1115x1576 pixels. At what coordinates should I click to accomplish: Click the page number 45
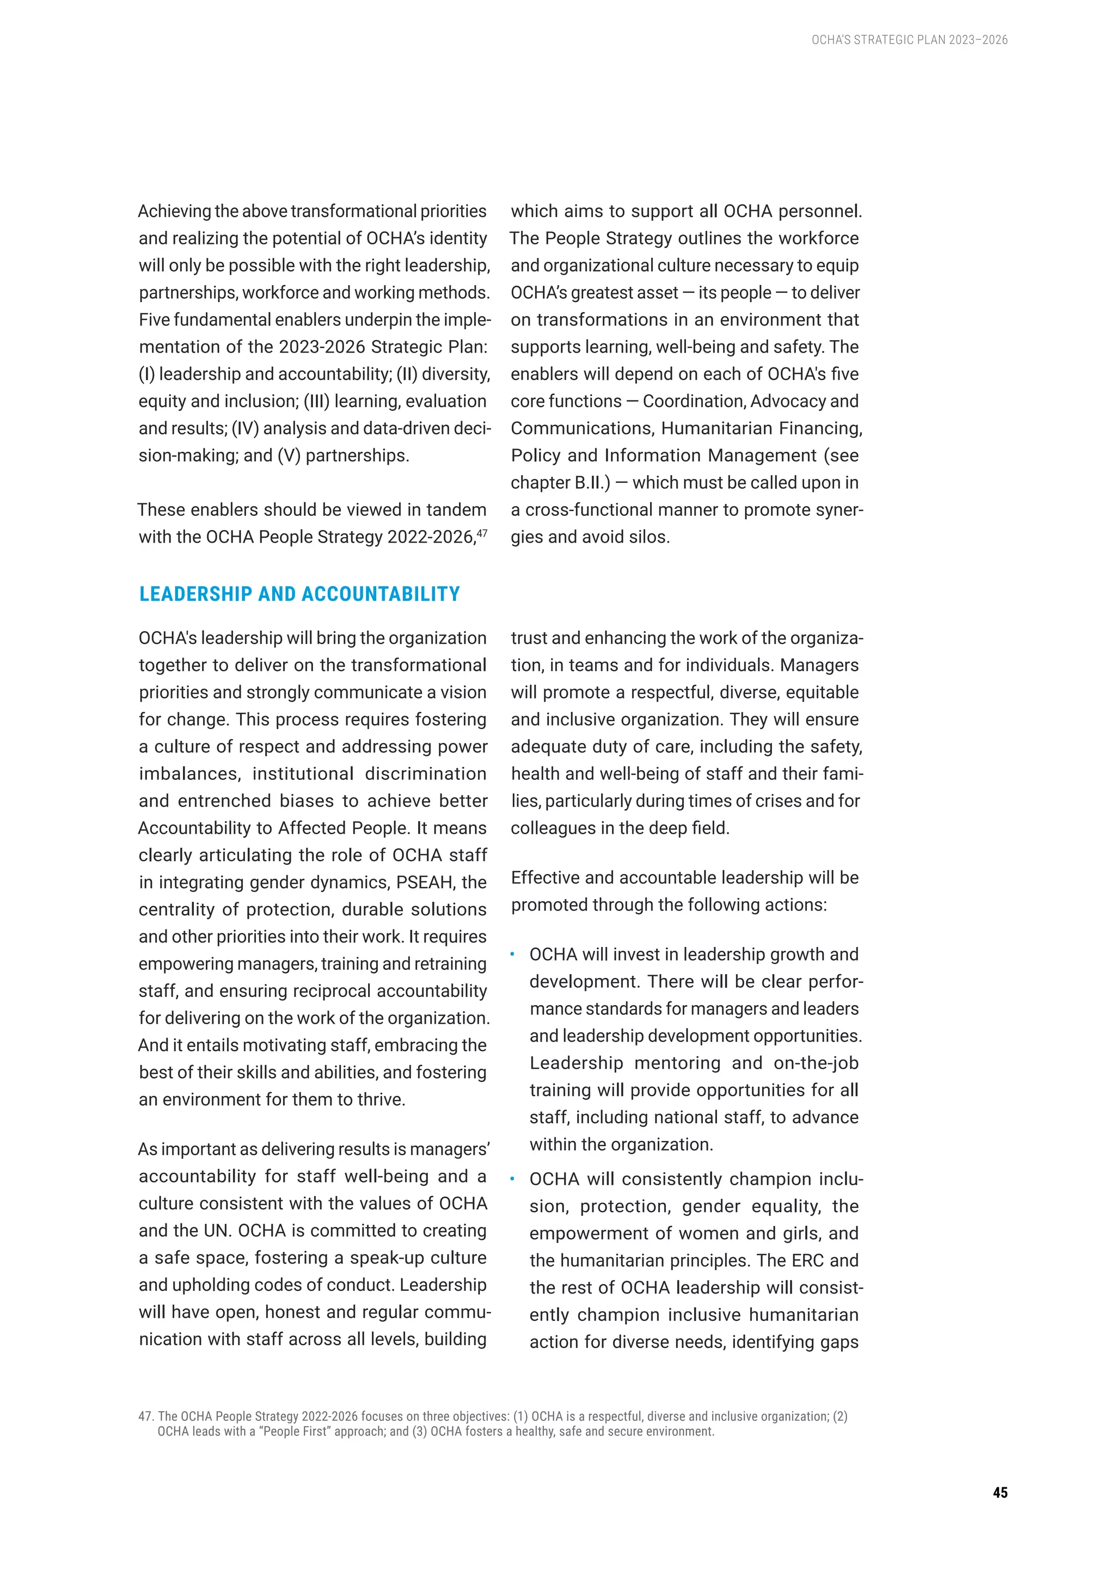pos(1000,1492)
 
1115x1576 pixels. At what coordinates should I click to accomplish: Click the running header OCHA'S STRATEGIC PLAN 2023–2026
pos(909,40)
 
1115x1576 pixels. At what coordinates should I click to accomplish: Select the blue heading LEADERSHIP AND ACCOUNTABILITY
pos(299,594)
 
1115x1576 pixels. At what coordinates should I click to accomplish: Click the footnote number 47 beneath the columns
pos(145,1416)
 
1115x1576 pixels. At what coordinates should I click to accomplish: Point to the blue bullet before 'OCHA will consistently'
pos(512,1179)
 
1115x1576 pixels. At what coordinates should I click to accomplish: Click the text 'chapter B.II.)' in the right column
pos(560,483)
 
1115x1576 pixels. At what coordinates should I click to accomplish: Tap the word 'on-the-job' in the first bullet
pos(816,1063)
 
